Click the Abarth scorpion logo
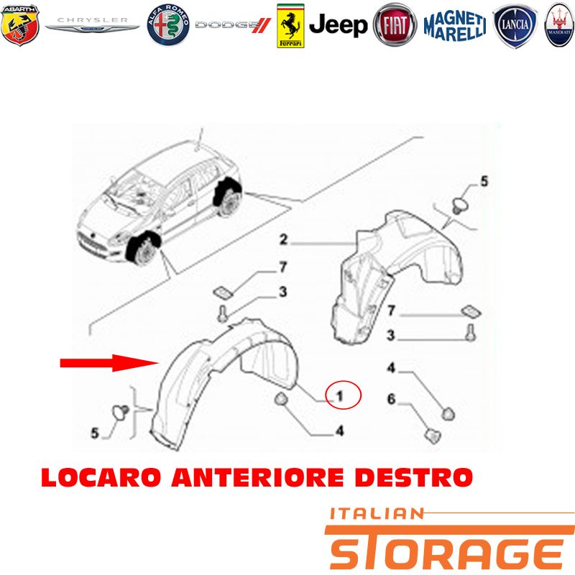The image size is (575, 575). click(x=20, y=25)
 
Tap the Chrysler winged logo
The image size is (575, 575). click(x=92, y=25)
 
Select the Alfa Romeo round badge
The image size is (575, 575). click(x=168, y=25)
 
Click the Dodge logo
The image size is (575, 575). click(x=233, y=25)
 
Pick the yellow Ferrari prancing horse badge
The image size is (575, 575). click(x=290, y=26)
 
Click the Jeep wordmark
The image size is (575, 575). click(x=338, y=25)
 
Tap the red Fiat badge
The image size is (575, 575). click(x=395, y=25)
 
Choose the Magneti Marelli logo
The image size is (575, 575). click(x=455, y=26)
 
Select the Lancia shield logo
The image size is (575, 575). click(x=515, y=26)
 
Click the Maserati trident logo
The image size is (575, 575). click(x=559, y=25)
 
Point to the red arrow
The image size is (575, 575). click(x=109, y=363)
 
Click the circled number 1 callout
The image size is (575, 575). click(x=344, y=395)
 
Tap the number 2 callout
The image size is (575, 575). click(x=283, y=239)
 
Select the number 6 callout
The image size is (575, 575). click(x=392, y=399)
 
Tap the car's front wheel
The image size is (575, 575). click(x=143, y=249)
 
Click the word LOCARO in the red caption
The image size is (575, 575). click(x=101, y=477)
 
